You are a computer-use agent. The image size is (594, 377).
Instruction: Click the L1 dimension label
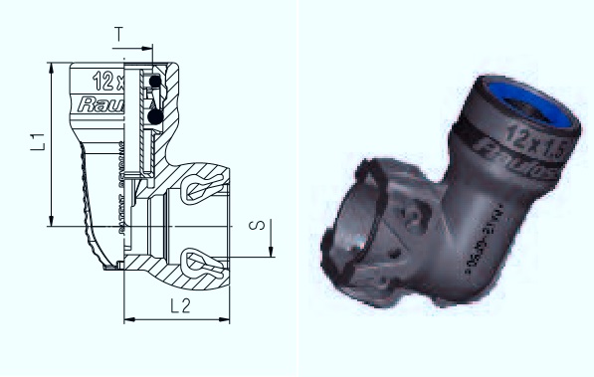(x=37, y=142)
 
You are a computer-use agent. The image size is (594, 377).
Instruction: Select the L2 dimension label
(x=181, y=307)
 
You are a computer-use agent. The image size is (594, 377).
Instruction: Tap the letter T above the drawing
(x=119, y=33)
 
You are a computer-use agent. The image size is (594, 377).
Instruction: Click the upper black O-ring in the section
(x=156, y=83)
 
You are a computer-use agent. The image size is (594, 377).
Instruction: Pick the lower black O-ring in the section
(x=155, y=117)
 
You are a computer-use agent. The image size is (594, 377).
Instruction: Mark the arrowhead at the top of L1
(x=50, y=68)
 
